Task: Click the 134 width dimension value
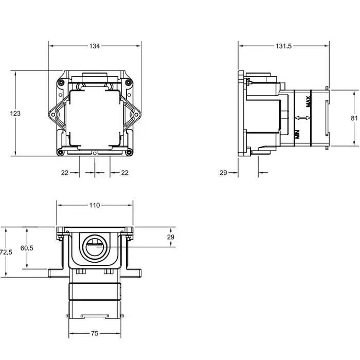[94, 46]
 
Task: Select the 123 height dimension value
[15, 114]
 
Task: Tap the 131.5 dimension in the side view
[283, 46]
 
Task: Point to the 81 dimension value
[354, 118]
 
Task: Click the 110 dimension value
[95, 205]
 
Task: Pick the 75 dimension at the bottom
[95, 333]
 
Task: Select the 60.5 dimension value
[27, 248]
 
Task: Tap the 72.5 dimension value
[6, 253]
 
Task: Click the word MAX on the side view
[309, 101]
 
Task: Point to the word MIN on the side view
[297, 134]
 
